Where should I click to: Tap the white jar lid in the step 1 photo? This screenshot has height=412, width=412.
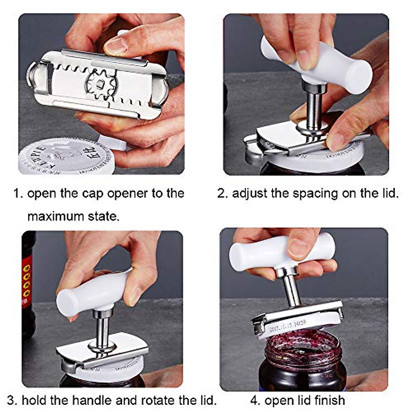pos(55,160)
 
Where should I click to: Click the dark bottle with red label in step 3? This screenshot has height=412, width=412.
pos(28,285)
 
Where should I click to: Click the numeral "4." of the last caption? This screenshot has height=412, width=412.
pos(255,400)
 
